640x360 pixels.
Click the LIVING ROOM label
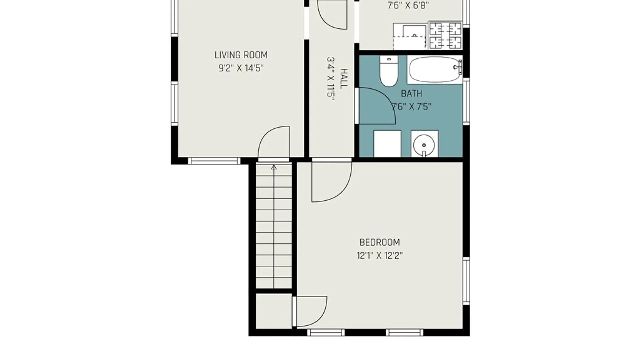tap(241, 55)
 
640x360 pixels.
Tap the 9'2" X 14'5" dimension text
tap(241, 68)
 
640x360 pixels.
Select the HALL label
tap(343, 79)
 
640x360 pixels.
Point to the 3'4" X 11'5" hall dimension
tap(330, 79)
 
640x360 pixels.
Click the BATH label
tap(411, 94)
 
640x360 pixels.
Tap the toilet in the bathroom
tap(389, 71)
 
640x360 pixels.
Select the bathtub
tap(435, 70)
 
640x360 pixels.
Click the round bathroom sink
tap(424, 144)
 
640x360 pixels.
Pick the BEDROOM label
tap(380, 242)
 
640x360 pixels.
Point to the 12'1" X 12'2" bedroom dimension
tap(380, 256)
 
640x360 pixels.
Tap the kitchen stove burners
tap(445, 36)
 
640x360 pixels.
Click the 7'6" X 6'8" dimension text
tap(408, 6)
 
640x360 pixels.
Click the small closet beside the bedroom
tap(274, 311)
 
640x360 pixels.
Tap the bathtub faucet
tap(458, 67)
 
